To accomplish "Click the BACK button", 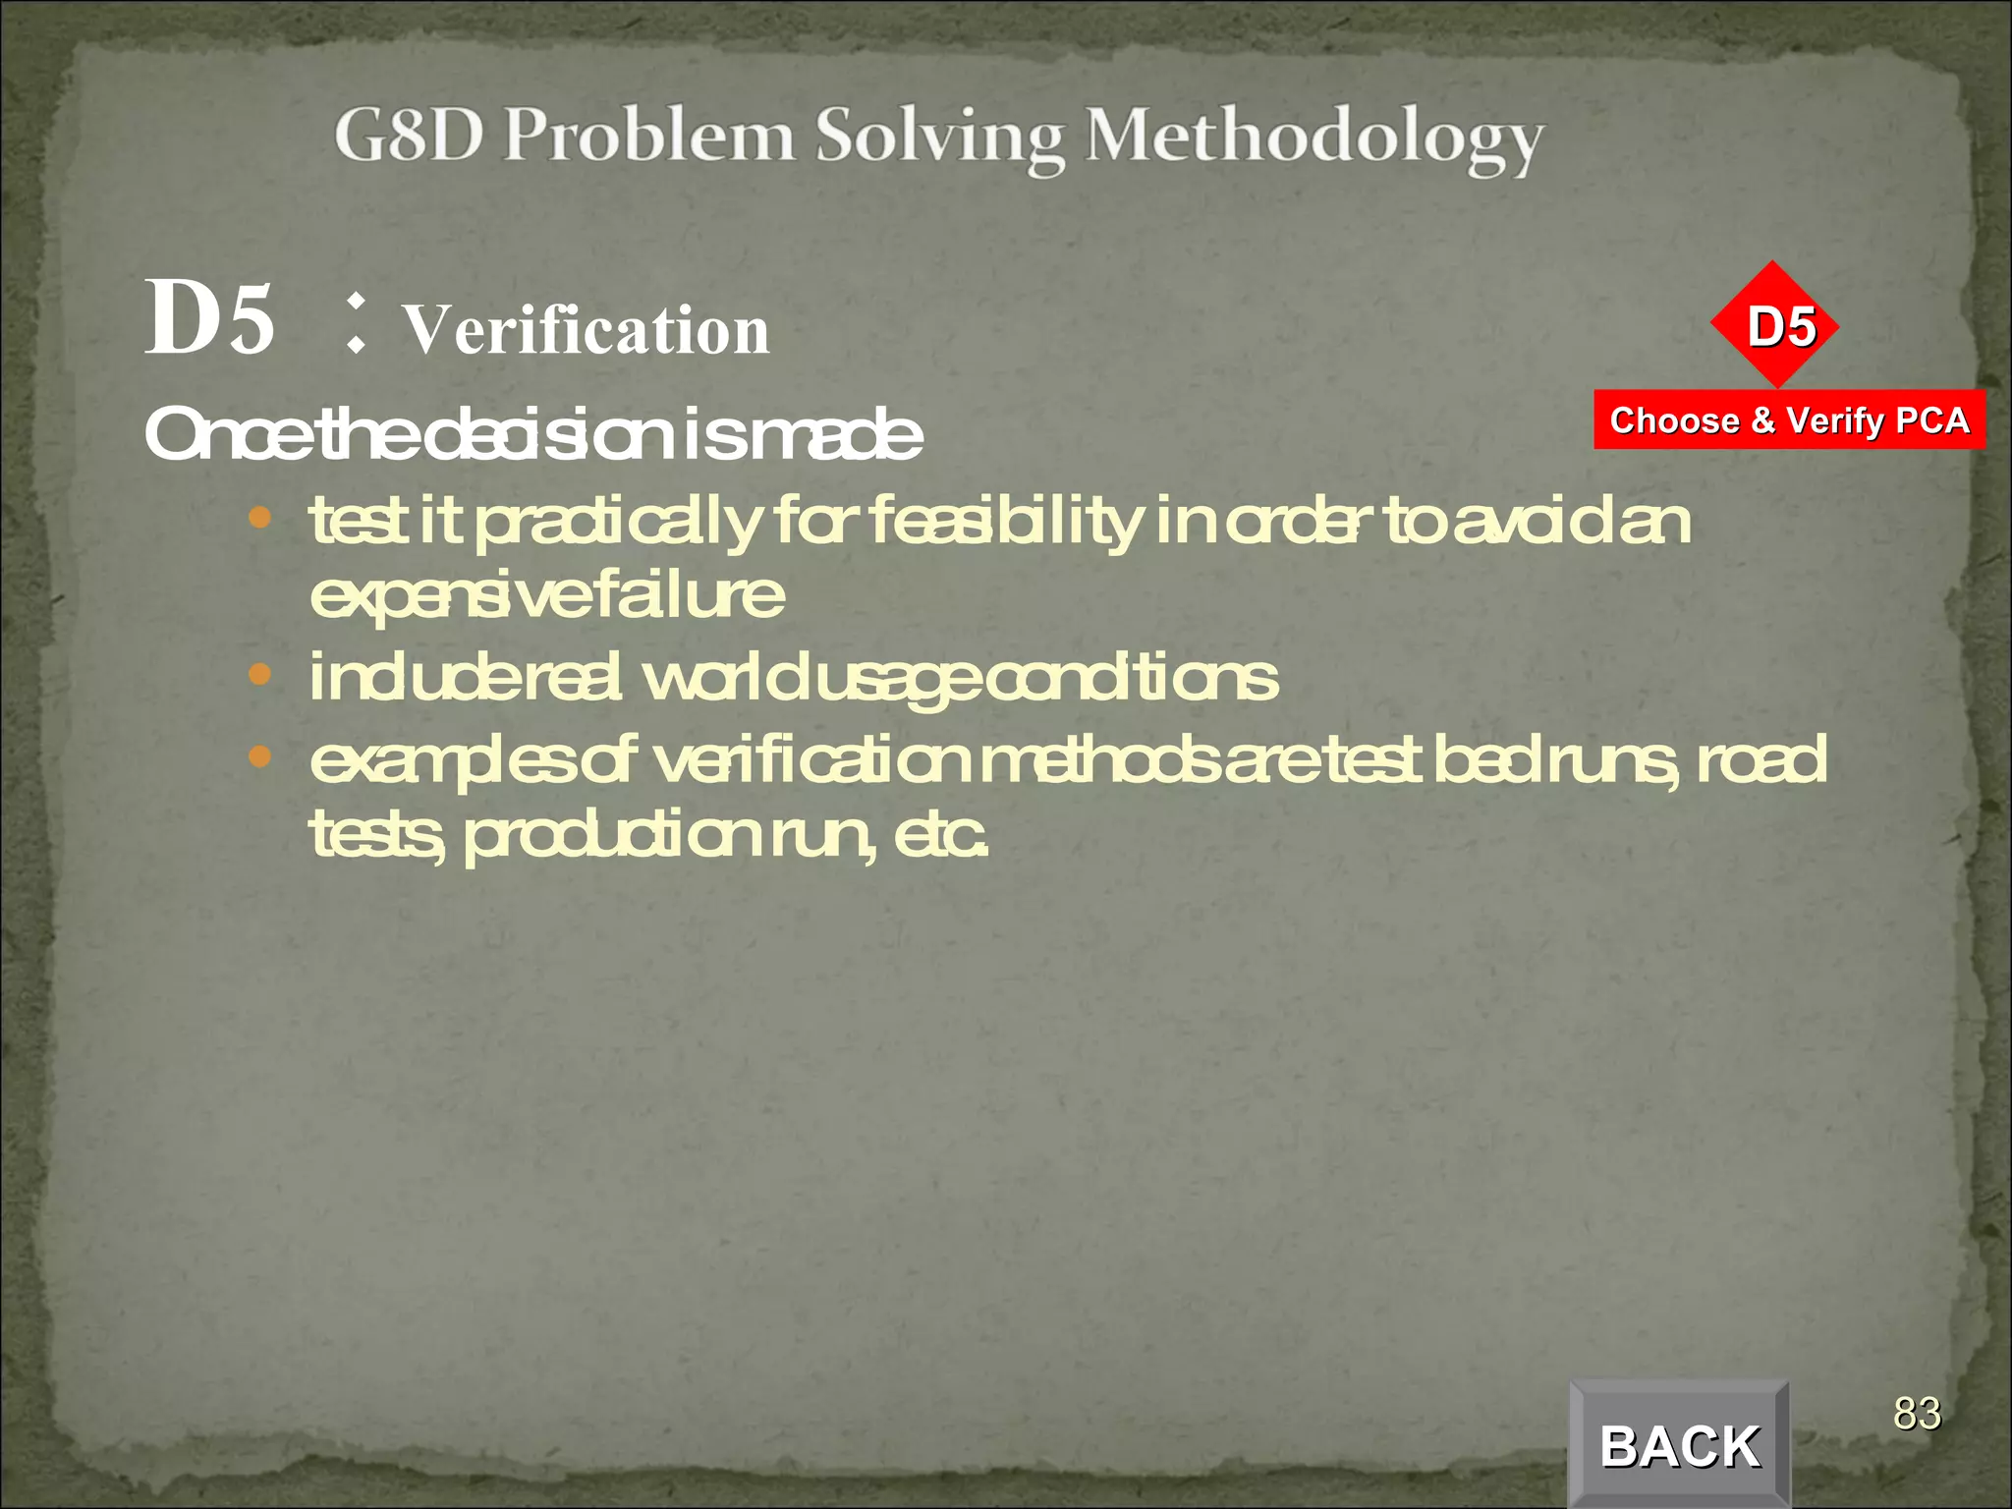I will tap(1679, 1445).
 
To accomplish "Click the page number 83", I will tap(1917, 1413).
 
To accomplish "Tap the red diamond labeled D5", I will tap(1774, 325).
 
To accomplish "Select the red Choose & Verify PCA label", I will tap(1789, 420).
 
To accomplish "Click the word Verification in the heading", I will tap(587, 329).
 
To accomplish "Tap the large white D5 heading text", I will tap(210, 317).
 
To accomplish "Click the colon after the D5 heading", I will tap(356, 323).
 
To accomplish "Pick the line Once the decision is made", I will tap(533, 434).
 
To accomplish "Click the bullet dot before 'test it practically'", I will tap(259, 518).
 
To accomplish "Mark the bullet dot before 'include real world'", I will tap(259, 675).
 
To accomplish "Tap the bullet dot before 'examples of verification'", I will tap(259, 756).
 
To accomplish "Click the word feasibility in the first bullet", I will tap(1004, 521).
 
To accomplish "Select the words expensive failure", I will tap(547, 595).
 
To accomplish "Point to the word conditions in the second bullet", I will tap(1131, 678).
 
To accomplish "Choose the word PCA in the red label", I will tap(1931, 420).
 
